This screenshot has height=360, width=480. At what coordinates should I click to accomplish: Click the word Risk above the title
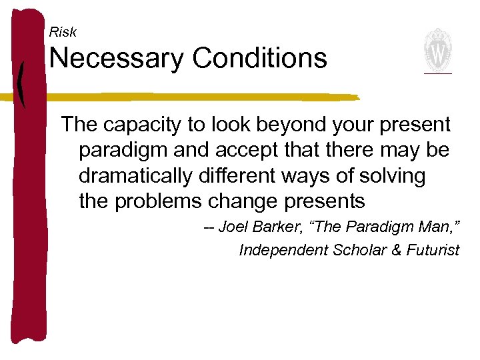click(x=63, y=32)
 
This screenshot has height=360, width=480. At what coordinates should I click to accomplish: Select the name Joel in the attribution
click(x=233, y=227)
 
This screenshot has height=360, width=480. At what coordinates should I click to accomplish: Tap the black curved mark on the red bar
click(x=23, y=83)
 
